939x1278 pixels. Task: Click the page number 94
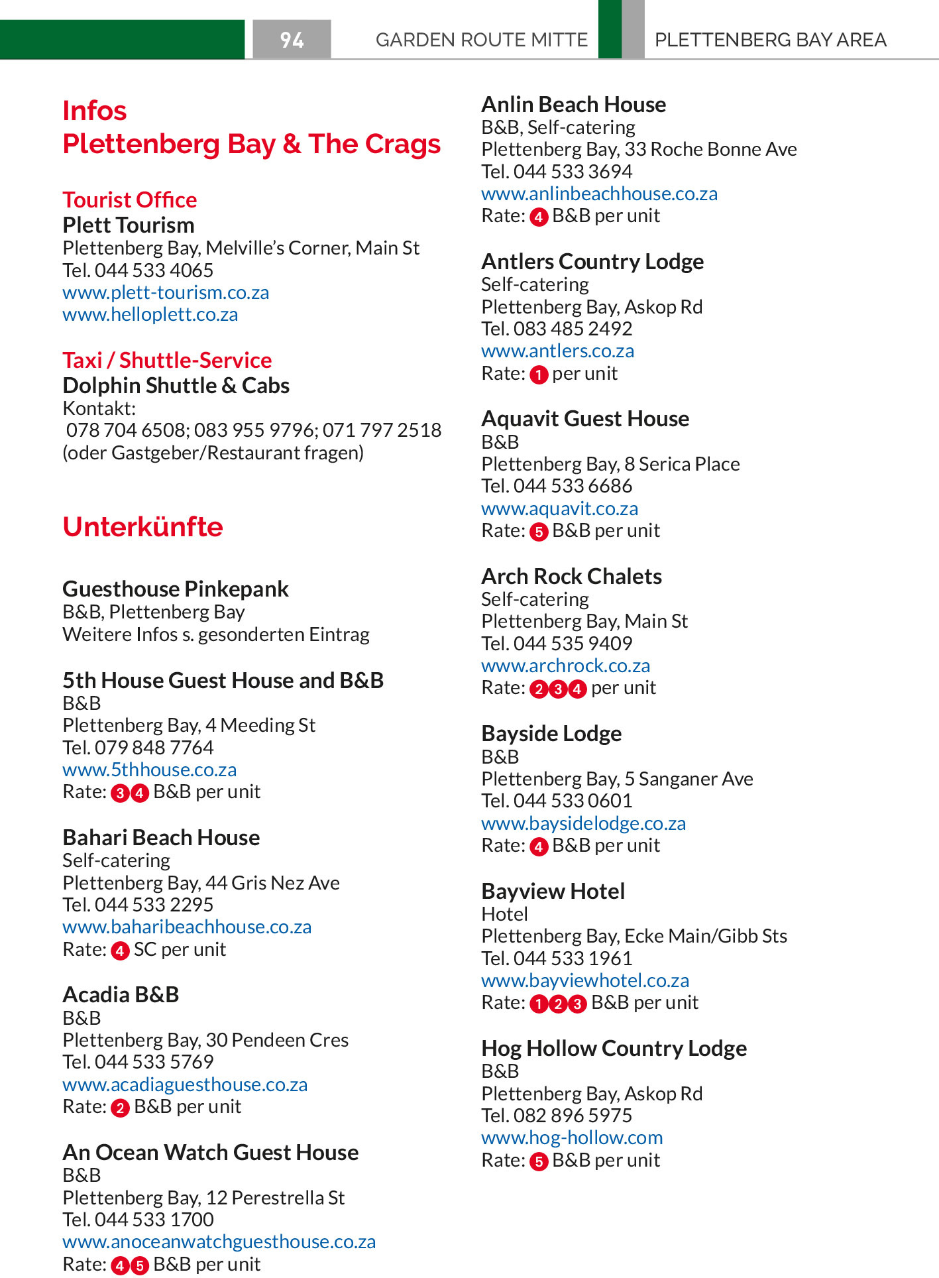(292, 40)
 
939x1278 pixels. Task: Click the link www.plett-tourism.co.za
(166, 292)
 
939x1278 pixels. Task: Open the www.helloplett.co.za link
(150, 314)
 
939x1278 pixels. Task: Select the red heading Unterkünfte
(142, 527)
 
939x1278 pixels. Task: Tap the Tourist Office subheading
(130, 200)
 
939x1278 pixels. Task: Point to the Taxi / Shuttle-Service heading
(167, 360)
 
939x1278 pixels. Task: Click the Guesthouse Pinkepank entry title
(176, 589)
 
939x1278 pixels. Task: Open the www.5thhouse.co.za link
(149, 770)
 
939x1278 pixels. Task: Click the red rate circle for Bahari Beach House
(120, 951)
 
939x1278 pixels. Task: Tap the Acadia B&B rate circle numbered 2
(120, 1108)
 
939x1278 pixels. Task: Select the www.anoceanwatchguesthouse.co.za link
(219, 1242)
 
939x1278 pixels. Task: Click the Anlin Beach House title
(573, 104)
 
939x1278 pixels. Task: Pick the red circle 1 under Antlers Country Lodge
(539, 375)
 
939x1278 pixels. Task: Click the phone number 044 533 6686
(573, 486)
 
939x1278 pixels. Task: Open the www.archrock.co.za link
(565, 666)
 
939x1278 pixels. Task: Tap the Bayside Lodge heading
(551, 733)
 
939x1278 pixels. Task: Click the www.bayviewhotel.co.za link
(585, 980)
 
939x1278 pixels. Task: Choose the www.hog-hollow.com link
(572, 1137)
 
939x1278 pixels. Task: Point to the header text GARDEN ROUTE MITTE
(481, 40)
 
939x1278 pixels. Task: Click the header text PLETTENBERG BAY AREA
(770, 40)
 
